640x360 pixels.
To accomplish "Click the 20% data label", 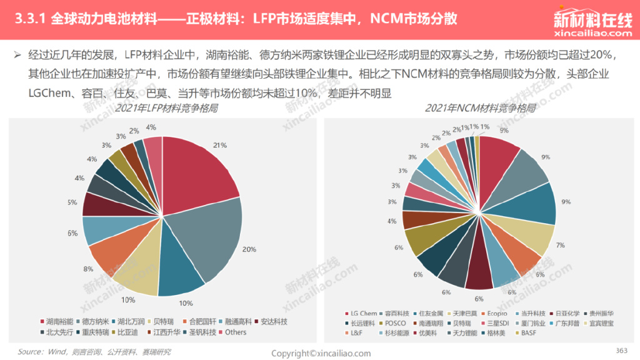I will (249, 249).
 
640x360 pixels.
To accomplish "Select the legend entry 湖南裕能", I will (57, 321).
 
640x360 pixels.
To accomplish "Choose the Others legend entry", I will (236, 332).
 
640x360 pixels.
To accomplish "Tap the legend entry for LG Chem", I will (364, 313).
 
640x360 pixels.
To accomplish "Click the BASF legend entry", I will (528, 332).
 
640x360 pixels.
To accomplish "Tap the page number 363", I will (621, 350).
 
